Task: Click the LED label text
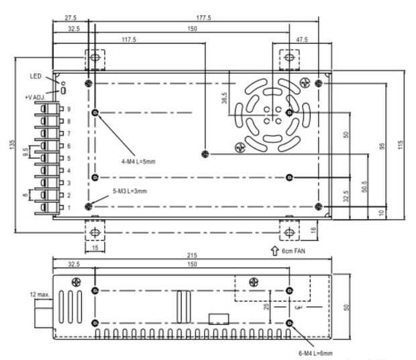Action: pos(36,76)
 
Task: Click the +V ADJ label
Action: pos(35,97)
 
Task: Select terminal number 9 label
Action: pos(69,109)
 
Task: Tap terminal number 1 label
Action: pos(69,208)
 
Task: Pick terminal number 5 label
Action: pos(69,159)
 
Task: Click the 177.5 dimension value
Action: pos(204,17)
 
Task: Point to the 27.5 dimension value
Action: pos(70,17)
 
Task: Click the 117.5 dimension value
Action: pos(129,40)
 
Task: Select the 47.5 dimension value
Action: pos(302,40)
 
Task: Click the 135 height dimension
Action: pos(13,144)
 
